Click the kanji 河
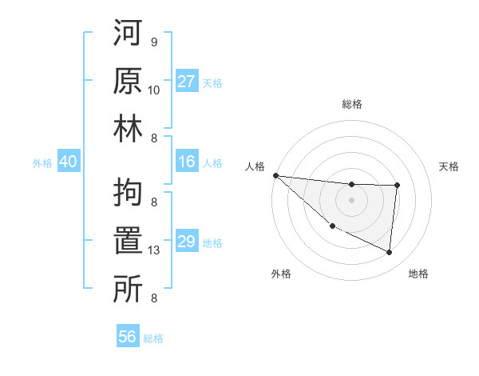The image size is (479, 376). tap(129, 36)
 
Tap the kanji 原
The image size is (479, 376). tap(129, 82)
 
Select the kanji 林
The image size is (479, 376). tap(129, 129)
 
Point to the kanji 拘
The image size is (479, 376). tap(129, 193)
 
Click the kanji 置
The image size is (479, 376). tap(129, 241)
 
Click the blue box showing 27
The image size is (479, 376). tap(187, 82)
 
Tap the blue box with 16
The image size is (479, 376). tap(187, 162)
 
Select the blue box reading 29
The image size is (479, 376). tap(187, 242)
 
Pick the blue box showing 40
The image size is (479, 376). tap(68, 162)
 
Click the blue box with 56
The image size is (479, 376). tap(128, 337)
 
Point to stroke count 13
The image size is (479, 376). tap(154, 251)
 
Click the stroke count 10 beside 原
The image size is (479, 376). tap(154, 90)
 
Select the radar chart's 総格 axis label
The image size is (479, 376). tap(352, 104)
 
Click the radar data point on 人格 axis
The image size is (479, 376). tap(275, 175)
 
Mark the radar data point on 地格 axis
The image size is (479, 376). tap(390, 253)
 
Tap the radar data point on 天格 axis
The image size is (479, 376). tap(397, 186)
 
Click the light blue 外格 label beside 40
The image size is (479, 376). tap(42, 163)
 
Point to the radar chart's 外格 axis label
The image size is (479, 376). tap(281, 274)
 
